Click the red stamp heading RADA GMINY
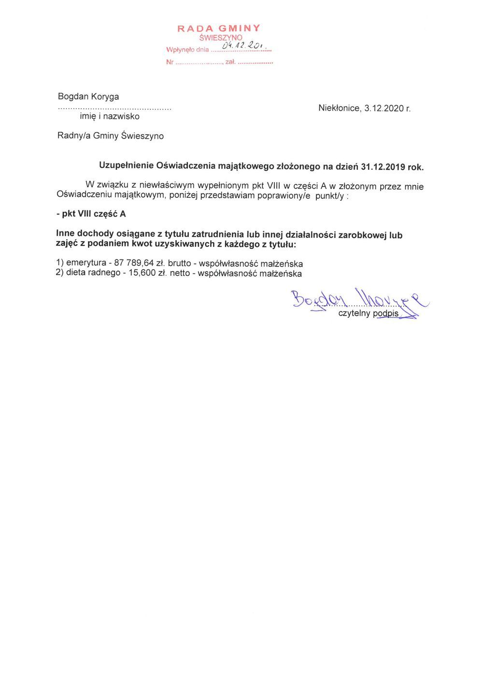(219, 28)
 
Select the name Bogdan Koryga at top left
(88, 96)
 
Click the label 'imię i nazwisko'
(110, 116)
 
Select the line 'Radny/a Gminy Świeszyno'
(111, 136)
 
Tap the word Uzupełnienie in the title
(126, 165)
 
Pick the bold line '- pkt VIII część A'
(91, 214)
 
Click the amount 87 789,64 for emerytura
(134, 263)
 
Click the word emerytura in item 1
(86, 263)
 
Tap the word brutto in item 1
(180, 263)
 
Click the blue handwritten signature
(357, 301)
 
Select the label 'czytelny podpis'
(368, 314)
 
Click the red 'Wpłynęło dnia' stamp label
(187, 50)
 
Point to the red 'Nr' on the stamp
(170, 62)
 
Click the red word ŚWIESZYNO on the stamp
(221, 38)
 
